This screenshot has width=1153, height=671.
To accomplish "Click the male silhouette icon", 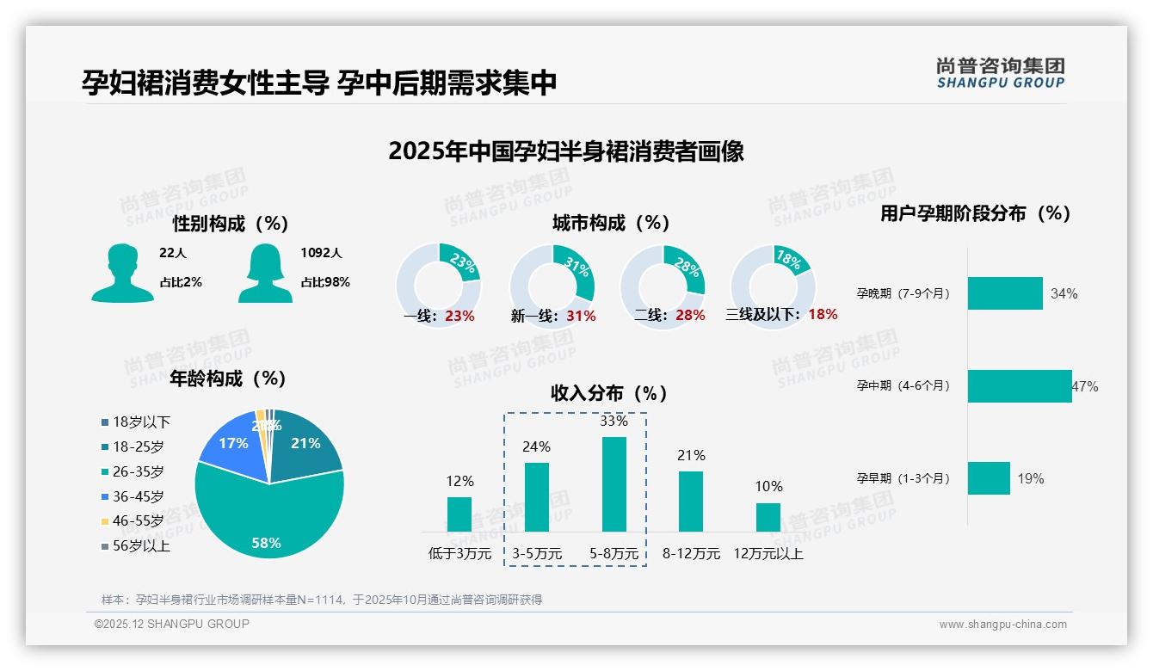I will click(122, 274).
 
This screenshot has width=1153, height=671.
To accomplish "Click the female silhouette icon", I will click(265, 274).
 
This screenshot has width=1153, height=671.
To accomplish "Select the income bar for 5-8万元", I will click(613, 483).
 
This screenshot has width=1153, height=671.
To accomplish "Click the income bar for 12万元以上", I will click(768, 517).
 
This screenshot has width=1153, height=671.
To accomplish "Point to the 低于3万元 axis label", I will click(459, 554).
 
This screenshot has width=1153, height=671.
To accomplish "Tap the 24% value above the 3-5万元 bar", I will click(537, 447).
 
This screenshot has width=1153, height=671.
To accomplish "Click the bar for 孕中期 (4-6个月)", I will click(1019, 386).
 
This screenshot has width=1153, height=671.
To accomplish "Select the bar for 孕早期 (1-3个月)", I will click(988, 478).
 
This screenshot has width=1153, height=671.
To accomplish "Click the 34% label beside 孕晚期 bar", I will click(1064, 294).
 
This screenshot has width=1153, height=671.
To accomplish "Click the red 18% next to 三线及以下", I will click(823, 315).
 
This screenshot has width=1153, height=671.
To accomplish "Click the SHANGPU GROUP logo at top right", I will click(1000, 73).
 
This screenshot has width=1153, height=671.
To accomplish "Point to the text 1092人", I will click(321, 254).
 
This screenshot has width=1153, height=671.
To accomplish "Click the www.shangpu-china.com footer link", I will click(1002, 625).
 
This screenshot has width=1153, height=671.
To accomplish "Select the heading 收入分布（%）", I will click(609, 394).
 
